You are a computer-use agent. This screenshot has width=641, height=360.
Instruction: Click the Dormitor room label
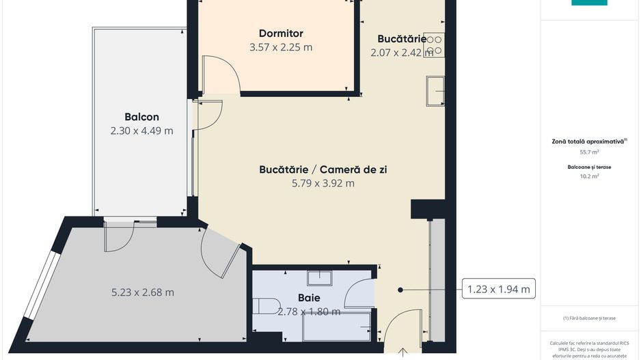(x=281, y=33)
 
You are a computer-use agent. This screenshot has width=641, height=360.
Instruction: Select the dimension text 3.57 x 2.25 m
(x=281, y=47)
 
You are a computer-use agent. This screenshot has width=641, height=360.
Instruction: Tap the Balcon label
(x=141, y=117)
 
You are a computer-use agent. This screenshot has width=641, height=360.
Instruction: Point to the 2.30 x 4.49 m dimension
(x=141, y=130)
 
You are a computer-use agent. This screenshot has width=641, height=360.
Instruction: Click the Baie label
(x=309, y=298)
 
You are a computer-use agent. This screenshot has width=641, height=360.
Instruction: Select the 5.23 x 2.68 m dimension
(x=142, y=292)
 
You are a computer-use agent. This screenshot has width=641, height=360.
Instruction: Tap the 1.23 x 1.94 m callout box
(x=498, y=289)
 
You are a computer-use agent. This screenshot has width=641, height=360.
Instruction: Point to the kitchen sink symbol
(x=435, y=91)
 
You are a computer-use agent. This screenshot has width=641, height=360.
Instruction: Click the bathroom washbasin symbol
(x=318, y=277)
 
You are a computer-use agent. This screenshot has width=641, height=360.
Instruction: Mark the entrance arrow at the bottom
(x=403, y=352)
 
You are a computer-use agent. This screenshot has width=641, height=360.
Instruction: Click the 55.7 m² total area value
(x=589, y=152)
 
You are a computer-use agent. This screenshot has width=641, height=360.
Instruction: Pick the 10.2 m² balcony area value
(x=589, y=176)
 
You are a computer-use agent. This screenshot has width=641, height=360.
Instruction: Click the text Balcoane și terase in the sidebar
(x=589, y=165)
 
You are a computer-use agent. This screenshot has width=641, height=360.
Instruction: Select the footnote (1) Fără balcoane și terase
(x=589, y=318)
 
